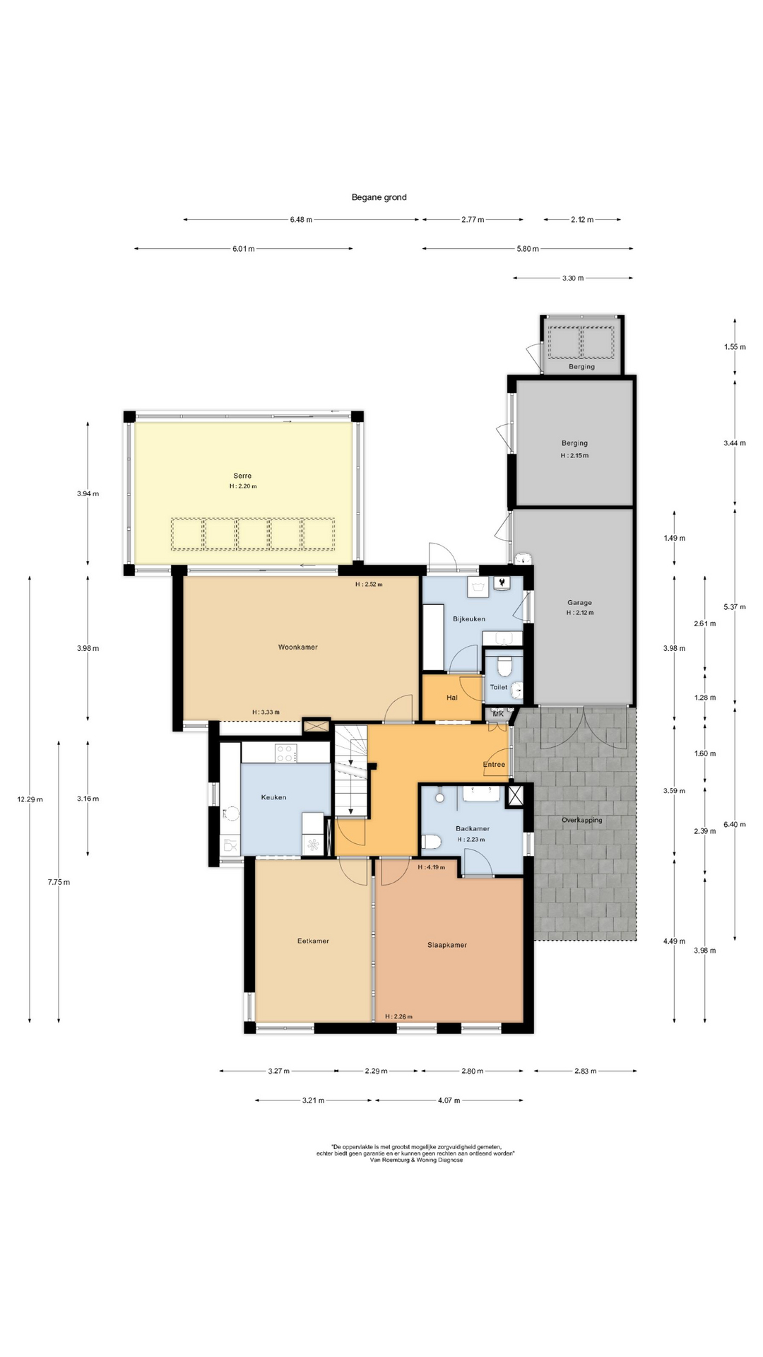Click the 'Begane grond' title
[x=379, y=197]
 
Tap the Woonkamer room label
[x=297, y=647]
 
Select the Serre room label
[x=242, y=476]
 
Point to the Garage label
[x=579, y=603]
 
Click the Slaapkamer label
[x=447, y=945]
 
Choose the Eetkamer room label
[x=313, y=941]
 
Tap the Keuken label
[x=273, y=797]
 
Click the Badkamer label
[x=473, y=828]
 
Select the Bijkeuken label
[x=469, y=618]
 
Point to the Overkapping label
[x=582, y=820]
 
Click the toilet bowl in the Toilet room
[x=504, y=666]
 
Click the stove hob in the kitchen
[x=285, y=753]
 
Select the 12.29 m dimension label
[x=30, y=799]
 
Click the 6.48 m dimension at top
[x=301, y=219]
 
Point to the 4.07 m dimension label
[x=449, y=1100]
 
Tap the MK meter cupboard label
[x=498, y=714]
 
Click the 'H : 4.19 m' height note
[x=432, y=867]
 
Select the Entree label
[x=494, y=764]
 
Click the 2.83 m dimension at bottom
[x=585, y=1071]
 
